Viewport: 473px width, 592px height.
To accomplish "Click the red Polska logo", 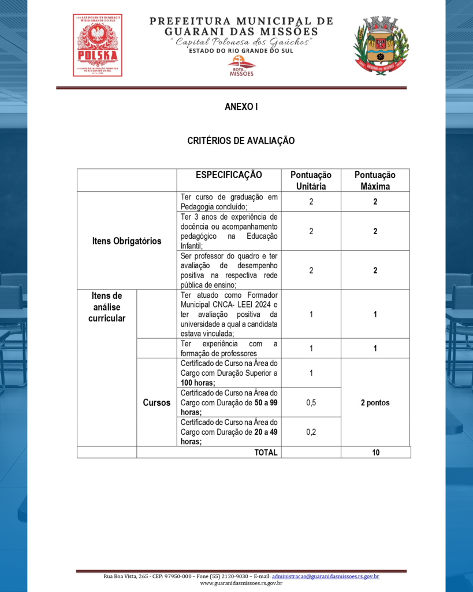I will point(97,45).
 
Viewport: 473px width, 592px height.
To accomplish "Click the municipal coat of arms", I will point(381,45).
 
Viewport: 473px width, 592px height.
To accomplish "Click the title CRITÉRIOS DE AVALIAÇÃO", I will point(241,140).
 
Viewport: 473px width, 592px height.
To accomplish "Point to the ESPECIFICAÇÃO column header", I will point(229,175).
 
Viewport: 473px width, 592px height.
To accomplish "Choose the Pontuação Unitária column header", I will point(311,180).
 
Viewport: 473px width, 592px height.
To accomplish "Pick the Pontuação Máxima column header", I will point(375,180).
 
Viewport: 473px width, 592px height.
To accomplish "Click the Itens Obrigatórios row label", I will point(126,240).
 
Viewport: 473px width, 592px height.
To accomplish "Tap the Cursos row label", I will point(157,402).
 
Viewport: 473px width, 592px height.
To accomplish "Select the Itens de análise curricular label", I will point(107,307).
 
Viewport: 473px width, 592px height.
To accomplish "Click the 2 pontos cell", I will point(375,402).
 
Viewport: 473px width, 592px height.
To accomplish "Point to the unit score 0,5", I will point(311,402).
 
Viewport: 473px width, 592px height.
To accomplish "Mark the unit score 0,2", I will point(311,431).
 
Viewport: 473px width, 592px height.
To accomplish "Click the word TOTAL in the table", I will point(266,453).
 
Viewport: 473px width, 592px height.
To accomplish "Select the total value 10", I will point(375,453).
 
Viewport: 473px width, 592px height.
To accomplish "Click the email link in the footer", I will point(325,576).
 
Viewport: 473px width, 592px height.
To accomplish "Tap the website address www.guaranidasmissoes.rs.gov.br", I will point(241,583).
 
